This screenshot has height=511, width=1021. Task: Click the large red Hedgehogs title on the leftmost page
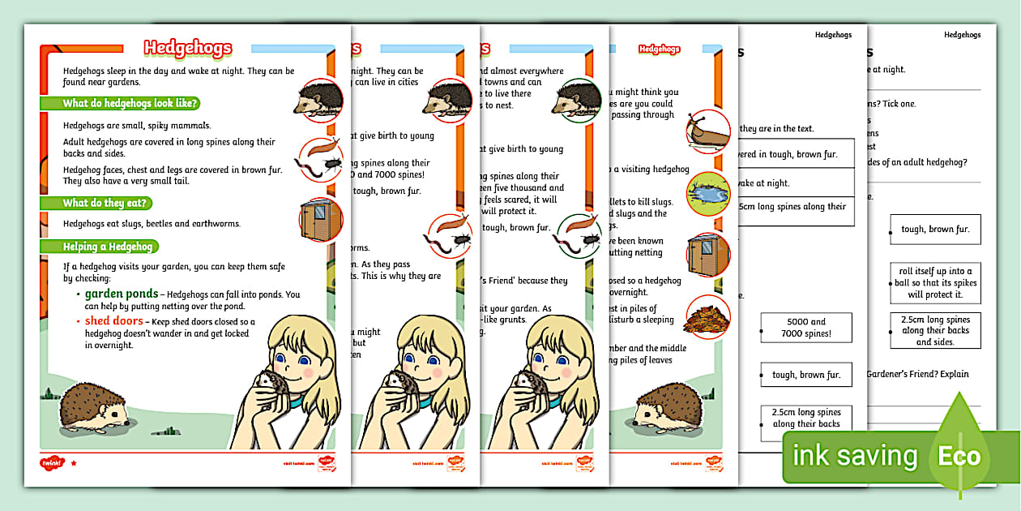188,49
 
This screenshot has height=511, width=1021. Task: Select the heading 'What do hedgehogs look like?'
130,103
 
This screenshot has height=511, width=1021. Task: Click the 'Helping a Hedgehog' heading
110,247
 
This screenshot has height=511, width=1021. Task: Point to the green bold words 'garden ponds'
122,294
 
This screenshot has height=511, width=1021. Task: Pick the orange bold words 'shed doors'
113,321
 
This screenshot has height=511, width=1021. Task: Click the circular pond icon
707,192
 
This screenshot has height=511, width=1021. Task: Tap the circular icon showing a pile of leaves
707,317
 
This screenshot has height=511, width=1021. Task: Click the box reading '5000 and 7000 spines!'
806,328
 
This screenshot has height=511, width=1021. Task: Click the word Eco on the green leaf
959,456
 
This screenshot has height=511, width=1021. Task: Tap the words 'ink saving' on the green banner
855,457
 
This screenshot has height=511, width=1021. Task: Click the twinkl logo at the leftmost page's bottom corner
52,463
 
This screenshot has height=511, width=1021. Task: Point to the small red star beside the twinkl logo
74,463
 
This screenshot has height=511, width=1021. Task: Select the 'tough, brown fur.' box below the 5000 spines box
806,375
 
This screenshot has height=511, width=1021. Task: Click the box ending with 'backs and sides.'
934,331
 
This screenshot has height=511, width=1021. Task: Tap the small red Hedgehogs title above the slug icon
659,49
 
